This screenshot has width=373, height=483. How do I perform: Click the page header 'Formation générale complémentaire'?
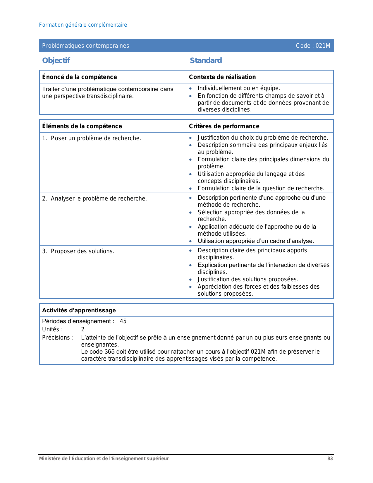[x=83, y=25]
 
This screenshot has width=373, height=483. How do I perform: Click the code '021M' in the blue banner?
[x=323, y=46]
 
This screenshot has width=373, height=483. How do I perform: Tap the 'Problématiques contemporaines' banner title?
[x=85, y=46]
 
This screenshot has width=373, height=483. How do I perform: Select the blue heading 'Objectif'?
[x=56, y=60]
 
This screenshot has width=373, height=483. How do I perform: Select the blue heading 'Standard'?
[x=206, y=60]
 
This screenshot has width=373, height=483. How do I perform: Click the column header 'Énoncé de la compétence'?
[x=79, y=77]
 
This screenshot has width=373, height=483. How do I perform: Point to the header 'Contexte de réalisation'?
[x=222, y=77]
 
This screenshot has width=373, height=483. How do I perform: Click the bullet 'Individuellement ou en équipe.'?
[x=239, y=88]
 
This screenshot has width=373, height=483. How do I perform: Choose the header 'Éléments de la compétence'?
[x=82, y=126]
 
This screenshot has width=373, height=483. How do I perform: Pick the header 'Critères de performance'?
[x=224, y=126]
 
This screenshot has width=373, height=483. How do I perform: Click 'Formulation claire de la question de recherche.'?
[x=261, y=188]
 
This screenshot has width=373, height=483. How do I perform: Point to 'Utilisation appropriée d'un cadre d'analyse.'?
[x=256, y=241]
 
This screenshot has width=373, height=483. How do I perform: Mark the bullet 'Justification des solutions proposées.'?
[x=248, y=279]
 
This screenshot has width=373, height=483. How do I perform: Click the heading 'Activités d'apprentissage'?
[x=79, y=310]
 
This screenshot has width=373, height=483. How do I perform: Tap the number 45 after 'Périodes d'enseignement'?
[x=123, y=321]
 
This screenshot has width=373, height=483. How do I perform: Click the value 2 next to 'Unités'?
[x=83, y=329]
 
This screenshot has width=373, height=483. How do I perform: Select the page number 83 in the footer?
[x=330, y=458]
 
